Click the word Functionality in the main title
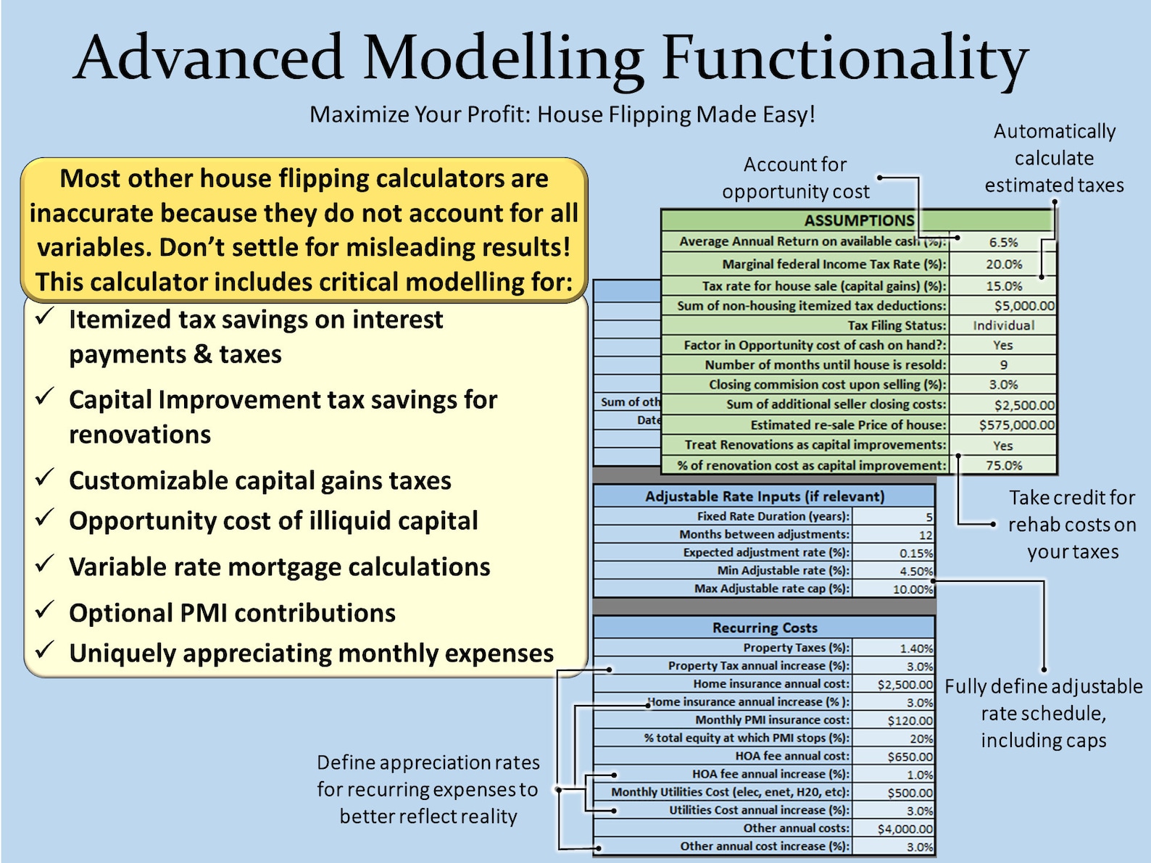click(x=844, y=58)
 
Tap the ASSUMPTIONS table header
click(x=859, y=220)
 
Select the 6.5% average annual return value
click(x=1003, y=243)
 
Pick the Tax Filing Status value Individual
click(x=1003, y=326)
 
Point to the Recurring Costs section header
click(x=765, y=628)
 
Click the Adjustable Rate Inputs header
click(x=765, y=496)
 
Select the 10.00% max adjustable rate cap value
click(x=913, y=589)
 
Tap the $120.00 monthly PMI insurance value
click(x=910, y=720)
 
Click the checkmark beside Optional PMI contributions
click(x=45, y=610)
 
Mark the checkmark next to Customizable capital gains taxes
click(x=45, y=478)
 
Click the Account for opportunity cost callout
click(x=795, y=178)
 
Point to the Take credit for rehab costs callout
click(x=1072, y=525)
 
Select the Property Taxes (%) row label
click(x=795, y=648)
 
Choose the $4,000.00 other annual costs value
click(x=905, y=829)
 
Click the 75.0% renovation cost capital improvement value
click(x=1003, y=466)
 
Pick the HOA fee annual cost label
click(x=792, y=756)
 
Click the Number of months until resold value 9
click(x=1003, y=365)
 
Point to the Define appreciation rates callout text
click(x=428, y=789)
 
